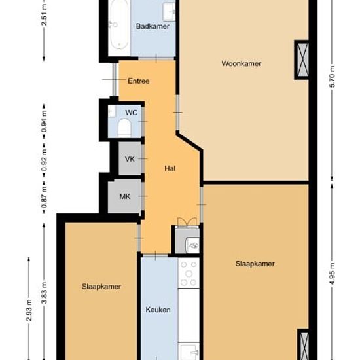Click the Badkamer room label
coord(153,26)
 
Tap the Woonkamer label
coord(241,63)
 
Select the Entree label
coord(139,81)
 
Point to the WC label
coord(132,113)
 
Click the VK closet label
coord(130,159)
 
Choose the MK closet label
coord(125,196)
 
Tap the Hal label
coord(170,168)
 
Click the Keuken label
coord(158,310)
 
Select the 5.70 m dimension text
coord(333,77)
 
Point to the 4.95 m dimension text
coord(333,274)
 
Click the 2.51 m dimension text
coord(44,14)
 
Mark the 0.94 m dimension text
coord(44,122)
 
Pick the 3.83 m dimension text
coord(44,293)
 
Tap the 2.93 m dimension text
coord(29,310)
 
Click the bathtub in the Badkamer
coord(119,25)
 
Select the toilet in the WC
coord(124,128)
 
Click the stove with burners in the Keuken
coord(189,273)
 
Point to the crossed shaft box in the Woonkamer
coord(302,60)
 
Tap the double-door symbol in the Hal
coord(187,223)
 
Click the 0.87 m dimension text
coord(44,197)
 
